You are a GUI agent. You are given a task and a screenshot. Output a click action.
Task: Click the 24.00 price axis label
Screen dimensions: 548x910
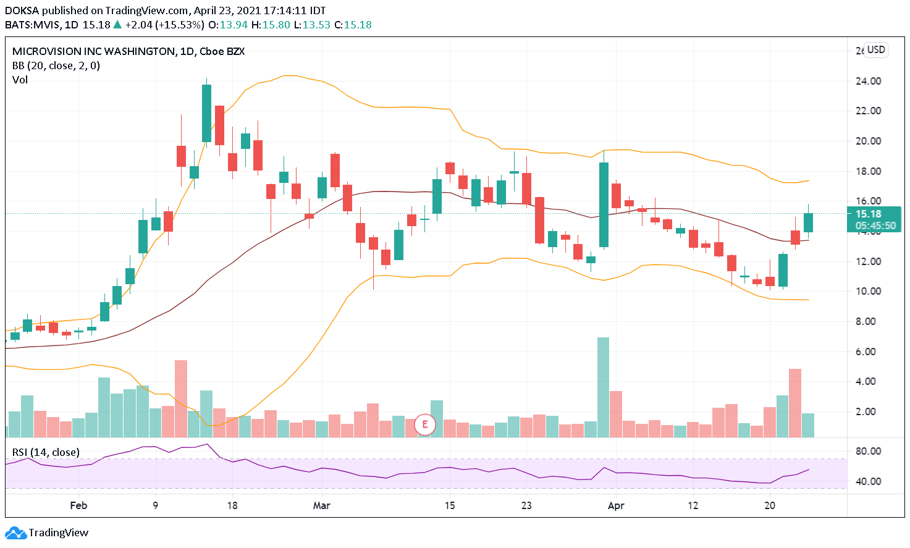[x=868, y=81]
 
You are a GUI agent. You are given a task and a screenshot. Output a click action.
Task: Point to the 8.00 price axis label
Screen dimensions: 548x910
[x=868, y=321]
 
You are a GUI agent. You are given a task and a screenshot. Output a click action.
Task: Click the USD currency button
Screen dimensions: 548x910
[x=876, y=50]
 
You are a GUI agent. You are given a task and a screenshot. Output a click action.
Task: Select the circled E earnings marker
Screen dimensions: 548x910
[x=425, y=424]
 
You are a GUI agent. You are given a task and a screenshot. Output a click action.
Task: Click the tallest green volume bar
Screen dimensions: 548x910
[x=603, y=387]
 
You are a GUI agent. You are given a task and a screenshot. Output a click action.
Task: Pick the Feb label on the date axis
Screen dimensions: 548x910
[x=78, y=505]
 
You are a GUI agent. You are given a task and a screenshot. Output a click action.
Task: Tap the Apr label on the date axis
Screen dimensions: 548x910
[x=616, y=505]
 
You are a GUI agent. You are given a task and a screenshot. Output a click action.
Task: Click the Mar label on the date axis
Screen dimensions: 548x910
[x=321, y=505]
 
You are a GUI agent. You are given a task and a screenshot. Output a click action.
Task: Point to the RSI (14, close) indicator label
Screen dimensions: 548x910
[x=46, y=452]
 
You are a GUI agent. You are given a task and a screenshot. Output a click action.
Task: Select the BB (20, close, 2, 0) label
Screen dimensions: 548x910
[x=56, y=65]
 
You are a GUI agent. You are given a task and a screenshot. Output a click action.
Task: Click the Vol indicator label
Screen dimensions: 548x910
[x=20, y=80]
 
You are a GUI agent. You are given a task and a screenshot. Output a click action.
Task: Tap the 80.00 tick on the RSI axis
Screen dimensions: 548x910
[x=868, y=451]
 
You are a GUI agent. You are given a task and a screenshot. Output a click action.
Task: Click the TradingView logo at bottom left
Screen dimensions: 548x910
[x=47, y=533]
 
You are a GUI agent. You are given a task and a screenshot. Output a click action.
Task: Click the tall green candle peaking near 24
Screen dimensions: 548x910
[x=206, y=113]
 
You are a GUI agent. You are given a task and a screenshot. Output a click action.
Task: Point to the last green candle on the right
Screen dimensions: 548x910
[x=808, y=222]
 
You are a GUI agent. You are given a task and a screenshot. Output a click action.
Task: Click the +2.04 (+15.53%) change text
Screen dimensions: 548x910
[x=164, y=25]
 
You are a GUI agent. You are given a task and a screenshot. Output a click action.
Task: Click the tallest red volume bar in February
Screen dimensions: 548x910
[x=181, y=398]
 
